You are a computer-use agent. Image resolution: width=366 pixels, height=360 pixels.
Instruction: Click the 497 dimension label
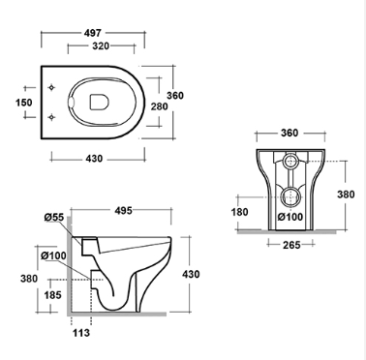tap(93, 33)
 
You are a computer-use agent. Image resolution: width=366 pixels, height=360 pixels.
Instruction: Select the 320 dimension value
tap(101, 46)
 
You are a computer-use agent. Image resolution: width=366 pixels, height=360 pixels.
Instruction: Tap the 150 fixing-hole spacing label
tap(24, 103)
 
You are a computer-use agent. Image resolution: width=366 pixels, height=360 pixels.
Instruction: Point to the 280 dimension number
tap(160, 106)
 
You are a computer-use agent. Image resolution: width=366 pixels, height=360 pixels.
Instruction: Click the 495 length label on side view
tap(124, 211)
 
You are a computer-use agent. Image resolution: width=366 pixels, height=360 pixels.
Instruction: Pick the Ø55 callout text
tap(54, 218)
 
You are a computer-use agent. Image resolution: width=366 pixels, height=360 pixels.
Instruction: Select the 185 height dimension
tap(52, 295)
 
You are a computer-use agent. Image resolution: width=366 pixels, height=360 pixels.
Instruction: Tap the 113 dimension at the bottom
tap(81, 333)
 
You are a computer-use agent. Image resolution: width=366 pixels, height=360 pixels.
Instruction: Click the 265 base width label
tap(291, 245)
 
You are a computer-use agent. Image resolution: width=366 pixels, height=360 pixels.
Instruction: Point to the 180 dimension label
tap(240, 212)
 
